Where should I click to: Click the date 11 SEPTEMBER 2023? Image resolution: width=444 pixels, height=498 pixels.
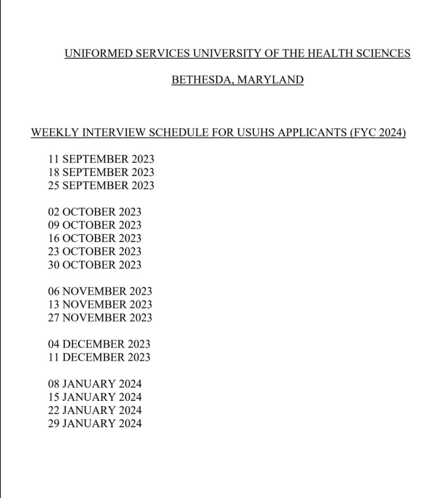pyautogui.click(x=101, y=159)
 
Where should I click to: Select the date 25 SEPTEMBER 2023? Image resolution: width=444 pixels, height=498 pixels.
pyautogui.click(x=101, y=185)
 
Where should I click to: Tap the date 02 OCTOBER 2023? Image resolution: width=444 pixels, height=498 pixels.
pyautogui.click(x=95, y=212)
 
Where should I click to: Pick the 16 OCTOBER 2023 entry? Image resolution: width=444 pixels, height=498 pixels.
pyautogui.click(x=95, y=238)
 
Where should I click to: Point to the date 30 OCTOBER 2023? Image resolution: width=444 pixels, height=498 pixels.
pyautogui.click(x=95, y=265)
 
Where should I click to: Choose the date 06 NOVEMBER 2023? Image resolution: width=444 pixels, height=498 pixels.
pyautogui.click(x=100, y=291)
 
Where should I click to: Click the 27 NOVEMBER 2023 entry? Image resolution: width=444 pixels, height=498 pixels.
pyautogui.click(x=100, y=318)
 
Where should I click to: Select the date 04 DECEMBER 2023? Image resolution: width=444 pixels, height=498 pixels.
pyautogui.click(x=99, y=344)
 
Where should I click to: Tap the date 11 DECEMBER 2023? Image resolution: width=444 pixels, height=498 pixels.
pyautogui.click(x=99, y=357)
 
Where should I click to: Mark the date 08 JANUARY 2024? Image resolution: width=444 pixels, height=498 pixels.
pyautogui.click(x=95, y=384)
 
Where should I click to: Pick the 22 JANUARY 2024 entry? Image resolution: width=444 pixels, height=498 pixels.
pyautogui.click(x=95, y=410)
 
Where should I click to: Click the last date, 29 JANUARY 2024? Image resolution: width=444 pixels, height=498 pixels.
pyautogui.click(x=95, y=423)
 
